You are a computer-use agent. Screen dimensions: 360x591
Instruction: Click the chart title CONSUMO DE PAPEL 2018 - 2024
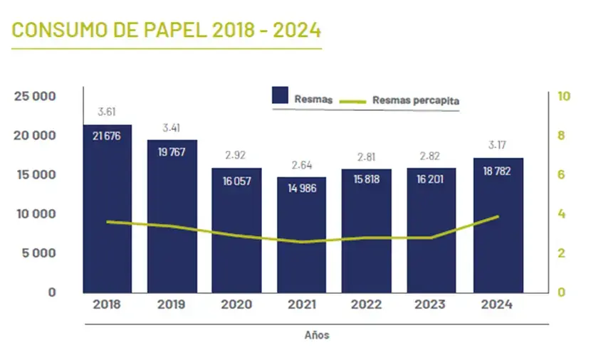(x=167, y=31)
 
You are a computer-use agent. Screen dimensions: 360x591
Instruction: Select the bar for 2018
(x=108, y=213)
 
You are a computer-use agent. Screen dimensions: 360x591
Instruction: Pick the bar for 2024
(x=498, y=228)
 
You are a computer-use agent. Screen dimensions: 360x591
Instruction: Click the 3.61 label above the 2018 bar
(x=107, y=112)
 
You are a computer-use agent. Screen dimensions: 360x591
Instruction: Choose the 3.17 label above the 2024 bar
(x=498, y=146)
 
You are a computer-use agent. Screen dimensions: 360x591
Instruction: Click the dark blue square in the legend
(x=280, y=97)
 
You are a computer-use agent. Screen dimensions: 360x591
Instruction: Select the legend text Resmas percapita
(x=416, y=101)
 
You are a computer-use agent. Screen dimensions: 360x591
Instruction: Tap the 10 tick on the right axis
(x=564, y=96)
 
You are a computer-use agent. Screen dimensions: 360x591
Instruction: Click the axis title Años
(x=317, y=334)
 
